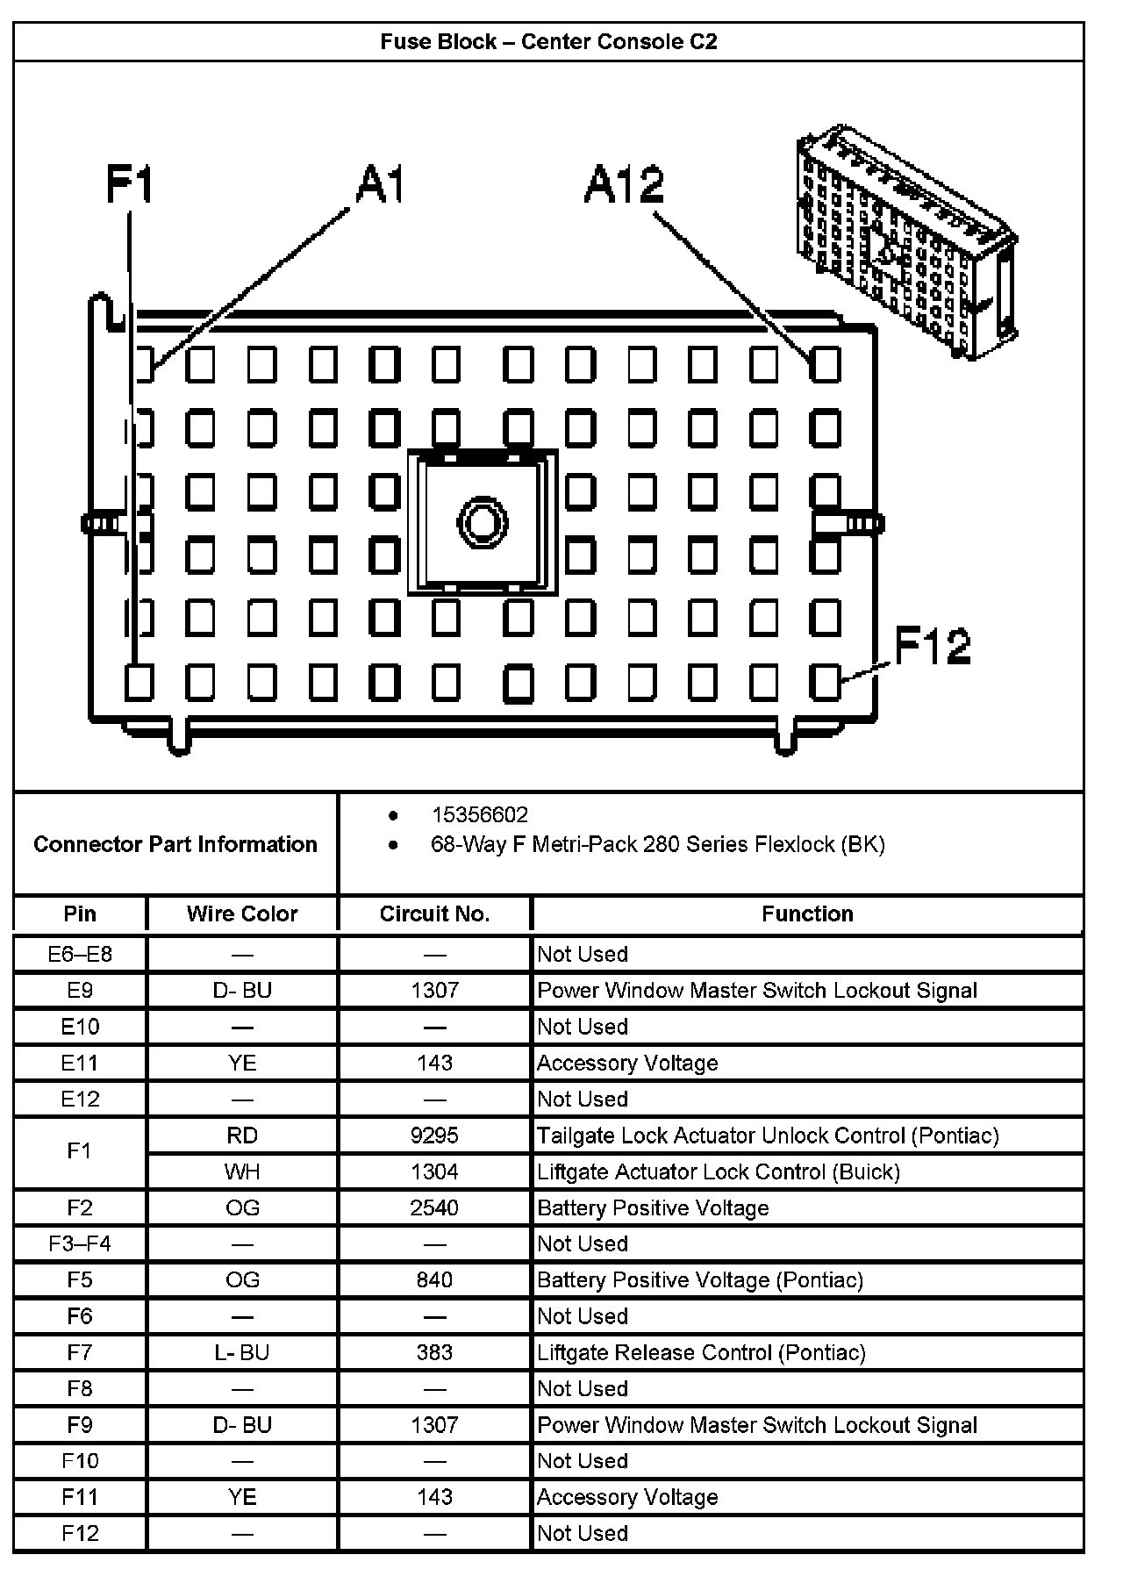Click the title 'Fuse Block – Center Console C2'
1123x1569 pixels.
coord(548,42)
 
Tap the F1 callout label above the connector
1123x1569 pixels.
coord(130,185)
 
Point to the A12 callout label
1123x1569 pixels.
coord(624,185)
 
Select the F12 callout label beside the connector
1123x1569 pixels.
coord(932,646)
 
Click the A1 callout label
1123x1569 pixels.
coord(379,185)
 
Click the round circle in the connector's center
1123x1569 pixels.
coord(482,524)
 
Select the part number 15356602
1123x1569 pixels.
coord(479,815)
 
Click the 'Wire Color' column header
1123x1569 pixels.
coord(242,913)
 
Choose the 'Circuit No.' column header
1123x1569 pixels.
coord(434,913)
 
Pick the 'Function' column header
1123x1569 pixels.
coord(807,913)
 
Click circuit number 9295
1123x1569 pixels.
coord(434,1136)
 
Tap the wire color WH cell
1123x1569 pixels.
coord(242,1171)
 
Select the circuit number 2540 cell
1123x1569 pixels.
coord(434,1207)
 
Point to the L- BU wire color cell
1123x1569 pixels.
coord(242,1352)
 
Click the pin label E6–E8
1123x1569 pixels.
coord(80,954)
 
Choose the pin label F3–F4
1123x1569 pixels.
coord(80,1243)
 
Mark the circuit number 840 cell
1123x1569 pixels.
coord(434,1279)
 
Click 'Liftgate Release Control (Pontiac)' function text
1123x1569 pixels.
coord(701,1352)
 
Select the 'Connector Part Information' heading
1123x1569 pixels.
coord(175,844)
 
